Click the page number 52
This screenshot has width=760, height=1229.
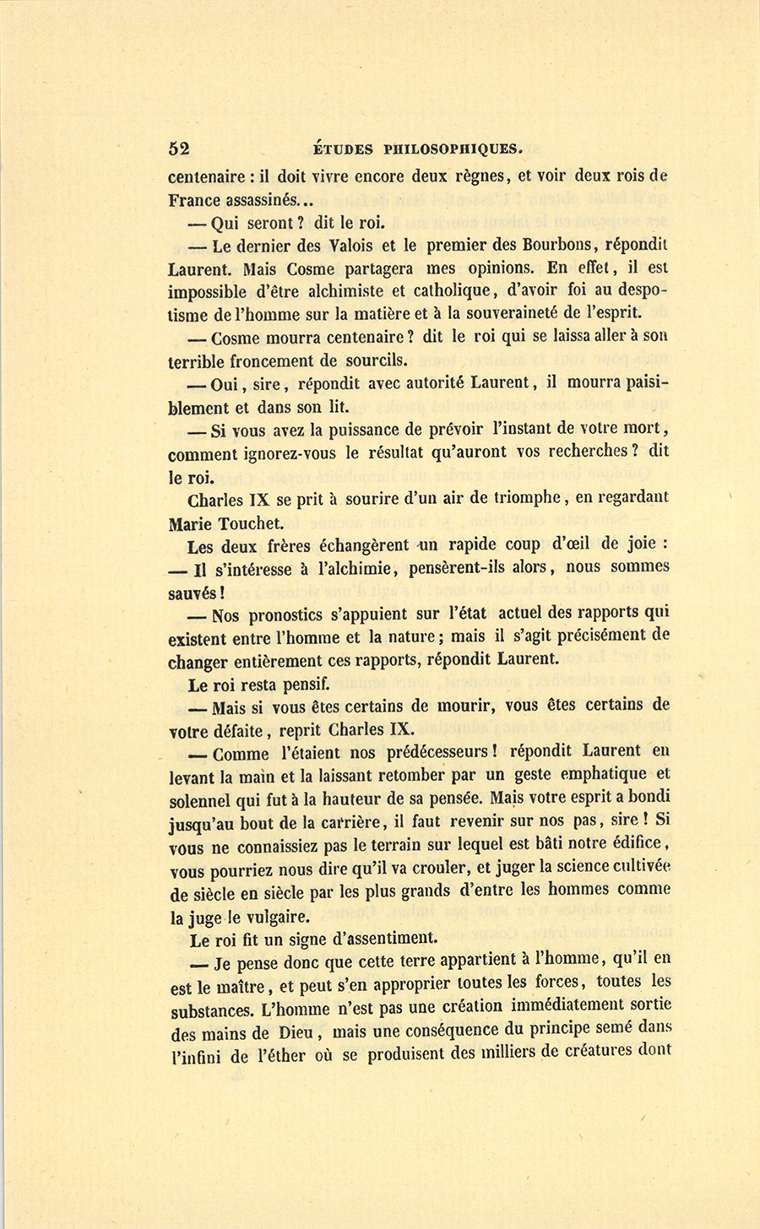pyautogui.click(x=179, y=149)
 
